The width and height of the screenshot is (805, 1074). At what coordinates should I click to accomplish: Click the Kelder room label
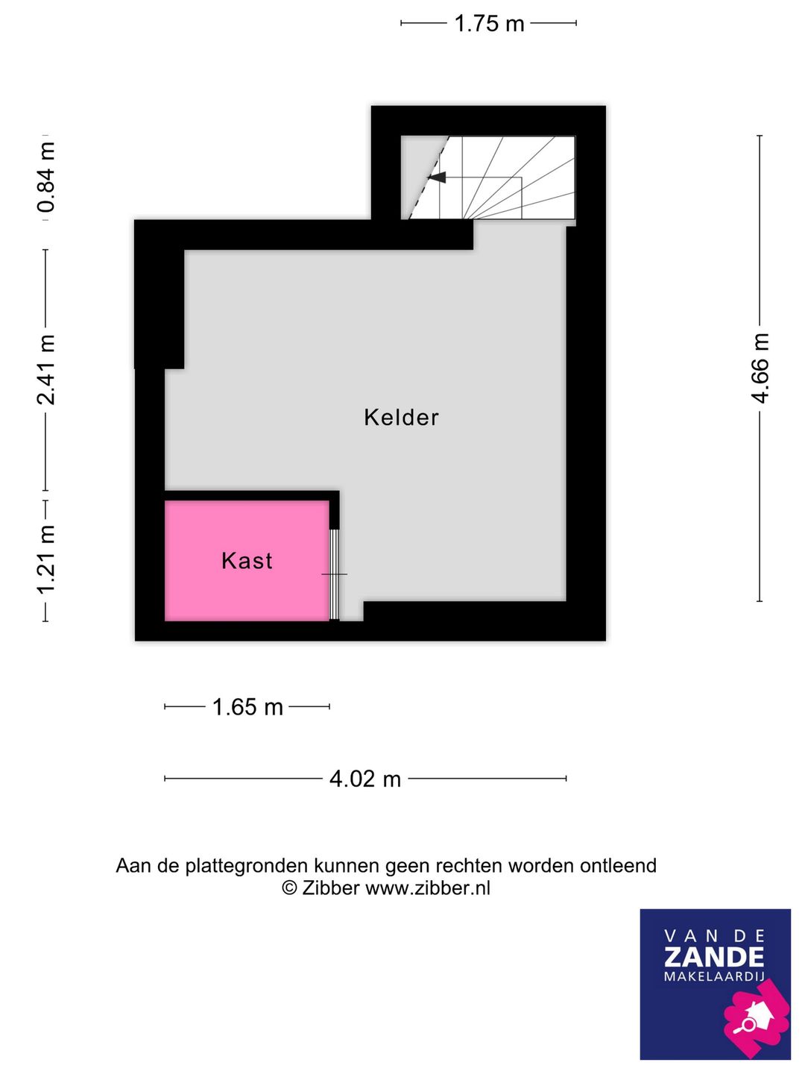tap(401, 418)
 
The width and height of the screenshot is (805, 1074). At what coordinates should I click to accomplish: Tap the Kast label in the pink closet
tap(247, 561)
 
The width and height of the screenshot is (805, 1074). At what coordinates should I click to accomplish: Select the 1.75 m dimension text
tap(489, 24)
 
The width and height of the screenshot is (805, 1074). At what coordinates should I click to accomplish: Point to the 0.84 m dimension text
tap(46, 177)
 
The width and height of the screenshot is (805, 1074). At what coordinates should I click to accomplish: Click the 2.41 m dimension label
tap(46, 370)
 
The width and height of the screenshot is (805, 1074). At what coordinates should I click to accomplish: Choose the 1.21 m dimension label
tap(46, 559)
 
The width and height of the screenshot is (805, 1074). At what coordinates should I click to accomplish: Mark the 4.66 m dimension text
tap(760, 368)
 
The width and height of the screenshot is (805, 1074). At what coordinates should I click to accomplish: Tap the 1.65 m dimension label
tap(247, 707)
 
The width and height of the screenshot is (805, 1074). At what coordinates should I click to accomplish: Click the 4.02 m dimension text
tap(365, 779)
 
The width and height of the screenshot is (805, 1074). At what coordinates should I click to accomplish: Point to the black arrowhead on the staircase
tap(438, 178)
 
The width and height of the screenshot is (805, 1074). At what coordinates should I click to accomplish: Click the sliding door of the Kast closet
tap(335, 574)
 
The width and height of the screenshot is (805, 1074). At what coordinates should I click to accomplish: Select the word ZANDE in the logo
tap(714, 958)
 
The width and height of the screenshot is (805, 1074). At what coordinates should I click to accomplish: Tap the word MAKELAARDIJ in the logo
tap(714, 977)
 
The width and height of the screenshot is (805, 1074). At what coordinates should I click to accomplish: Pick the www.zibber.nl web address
tap(428, 888)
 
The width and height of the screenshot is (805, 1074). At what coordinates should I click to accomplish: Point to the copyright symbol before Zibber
tap(289, 888)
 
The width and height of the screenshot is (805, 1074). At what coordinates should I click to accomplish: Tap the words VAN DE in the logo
tap(714, 936)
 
